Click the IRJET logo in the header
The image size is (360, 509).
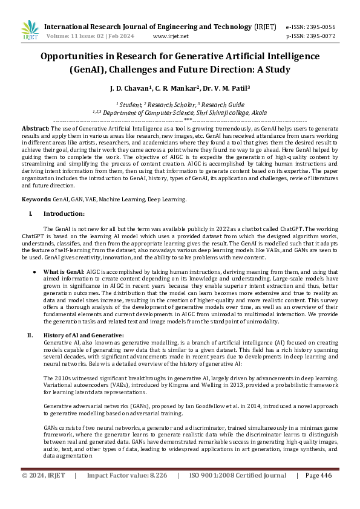coord(30,31)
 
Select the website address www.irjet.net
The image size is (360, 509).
coord(171,36)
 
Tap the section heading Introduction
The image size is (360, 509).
coord(64,213)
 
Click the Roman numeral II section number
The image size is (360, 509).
coord(30,335)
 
